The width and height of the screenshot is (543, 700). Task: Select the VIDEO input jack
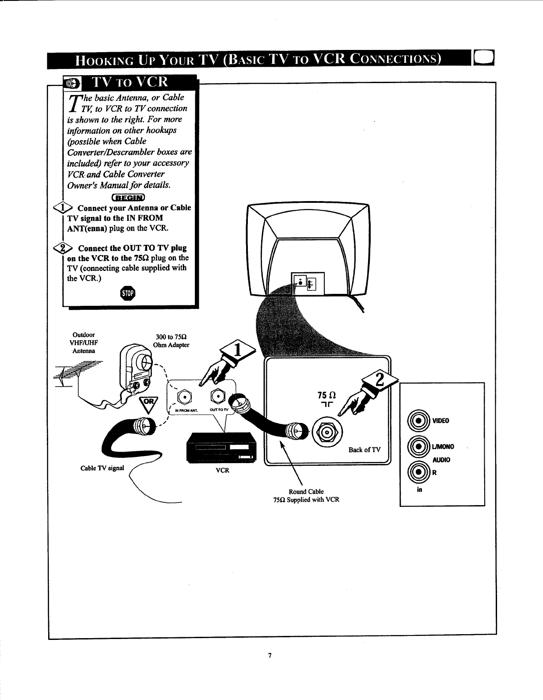click(x=417, y=420)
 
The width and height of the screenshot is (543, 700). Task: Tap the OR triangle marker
click(x=146, y=403)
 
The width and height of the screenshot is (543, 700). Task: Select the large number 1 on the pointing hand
click(x=237, y=350)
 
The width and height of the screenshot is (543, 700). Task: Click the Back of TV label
click(x=364, y=450)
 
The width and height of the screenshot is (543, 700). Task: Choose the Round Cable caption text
click(x=306, y=491)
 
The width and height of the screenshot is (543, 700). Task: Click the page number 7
click(x=270, y=655)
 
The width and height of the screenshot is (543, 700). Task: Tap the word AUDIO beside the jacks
click(x=441, y=460)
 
